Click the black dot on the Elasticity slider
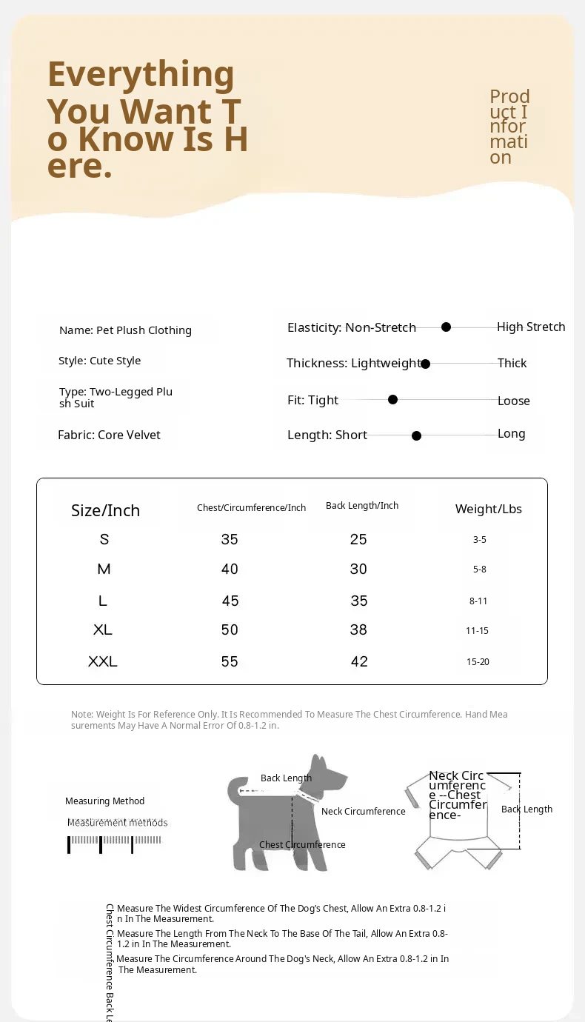click(446, 327)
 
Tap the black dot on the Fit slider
click(392, 399)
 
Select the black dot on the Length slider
click(416, 435)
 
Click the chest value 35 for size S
click(230, 539)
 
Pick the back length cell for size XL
click(359, 629)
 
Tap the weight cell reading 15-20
click(478, 661)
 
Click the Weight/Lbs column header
click(488, 509)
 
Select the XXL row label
click(103, 661)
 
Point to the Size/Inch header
click(105, 510)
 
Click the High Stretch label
click(531, 327)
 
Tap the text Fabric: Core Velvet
click(109, 435)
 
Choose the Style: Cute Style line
click(99, 361)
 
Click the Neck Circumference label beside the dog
click(363, 811)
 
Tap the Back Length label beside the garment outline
click(526, 809)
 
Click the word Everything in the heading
click(141, 74)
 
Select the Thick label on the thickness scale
click(512, 363)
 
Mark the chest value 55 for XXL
click(230, 661)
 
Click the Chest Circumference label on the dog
click(302, 844)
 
